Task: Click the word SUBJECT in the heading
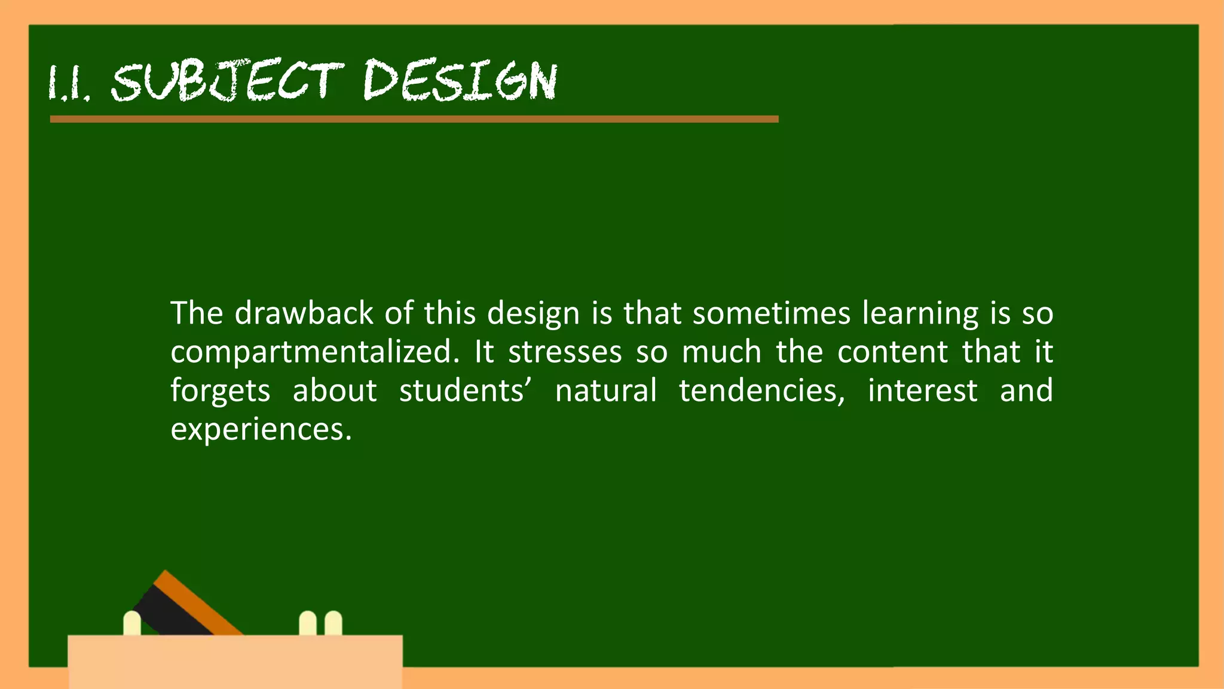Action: pyautogui.click(x=227, y=81)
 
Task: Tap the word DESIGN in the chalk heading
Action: pyautogui.click(x=460, y=81)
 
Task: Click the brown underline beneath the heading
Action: pyautogui.click(x=414, y=119)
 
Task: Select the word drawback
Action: pyautogui.click(x=304, y=313)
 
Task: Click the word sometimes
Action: pyautogui.click(x=771, y=313)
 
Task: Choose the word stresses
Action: pyautogui.click(x=565, y=352)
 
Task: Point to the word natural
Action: pyautogui.click(x=606, y=391)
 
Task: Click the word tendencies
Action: pyautogui.click(x=761, y=391)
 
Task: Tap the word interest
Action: pyautogui.click(x=922, y=391)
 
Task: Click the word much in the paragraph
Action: pyautogui.click(x=721, y=352)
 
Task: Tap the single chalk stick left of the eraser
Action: pyautogui.click(x=132, y=623)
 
